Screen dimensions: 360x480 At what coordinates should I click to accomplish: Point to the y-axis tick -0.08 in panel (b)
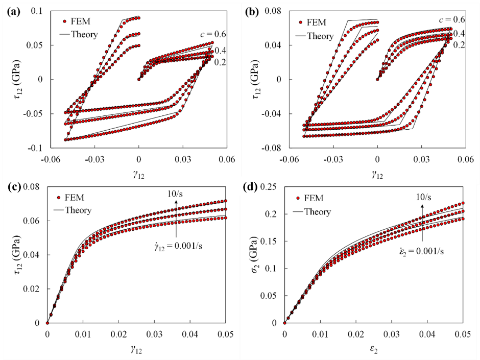(x=272, y=148)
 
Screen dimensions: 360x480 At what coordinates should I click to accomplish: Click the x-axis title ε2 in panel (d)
(x=373, y=352)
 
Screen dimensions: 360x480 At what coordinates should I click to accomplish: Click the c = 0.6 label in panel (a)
(x=213, y=34)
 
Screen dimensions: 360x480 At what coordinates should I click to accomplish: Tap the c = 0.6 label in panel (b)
(x=452, y=20)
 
